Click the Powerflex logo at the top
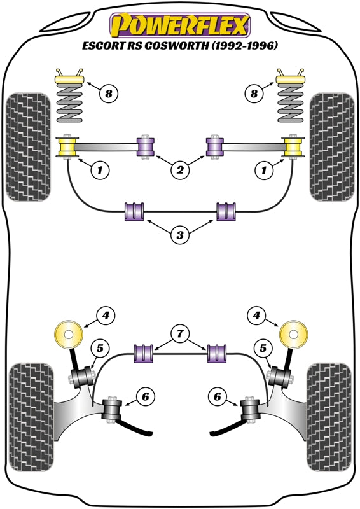point(180,25)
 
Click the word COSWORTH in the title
point(177,46)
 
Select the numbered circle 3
point(180,234)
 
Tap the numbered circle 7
point(180,333)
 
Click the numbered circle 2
point(180,169)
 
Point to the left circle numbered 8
point(108,94)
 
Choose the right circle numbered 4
point(256,315)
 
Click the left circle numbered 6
point(145,396)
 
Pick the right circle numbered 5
point(263,348)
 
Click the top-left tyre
point(29,147)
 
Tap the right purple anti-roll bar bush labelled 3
point(226,212)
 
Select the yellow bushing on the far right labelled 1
point(293,147)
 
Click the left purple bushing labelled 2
point(145,146)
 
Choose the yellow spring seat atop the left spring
point(70,80)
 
